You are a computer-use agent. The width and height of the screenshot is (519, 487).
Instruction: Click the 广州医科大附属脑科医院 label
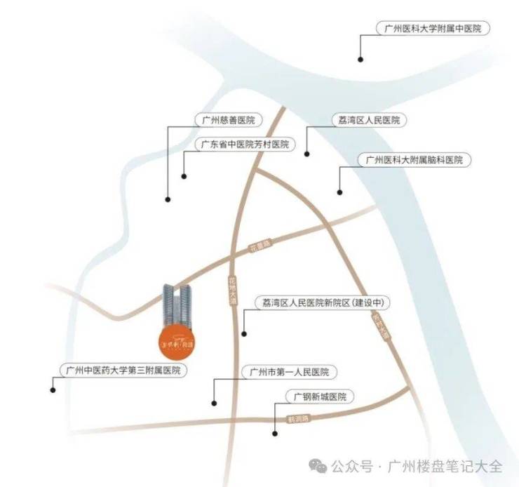pos(414,160)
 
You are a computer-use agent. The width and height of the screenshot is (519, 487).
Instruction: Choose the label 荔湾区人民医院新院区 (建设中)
pos(322,303)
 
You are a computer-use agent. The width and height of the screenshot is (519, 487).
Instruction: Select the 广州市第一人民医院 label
pos(284,371)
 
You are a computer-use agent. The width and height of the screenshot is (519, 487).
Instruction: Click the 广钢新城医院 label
pos(320,397)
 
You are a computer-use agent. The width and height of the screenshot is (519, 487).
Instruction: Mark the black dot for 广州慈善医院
pos(168,200)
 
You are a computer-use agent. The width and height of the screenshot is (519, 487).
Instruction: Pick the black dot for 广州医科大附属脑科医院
pos(339,192)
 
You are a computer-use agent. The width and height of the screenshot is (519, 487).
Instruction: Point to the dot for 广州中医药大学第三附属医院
pos(53,389)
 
